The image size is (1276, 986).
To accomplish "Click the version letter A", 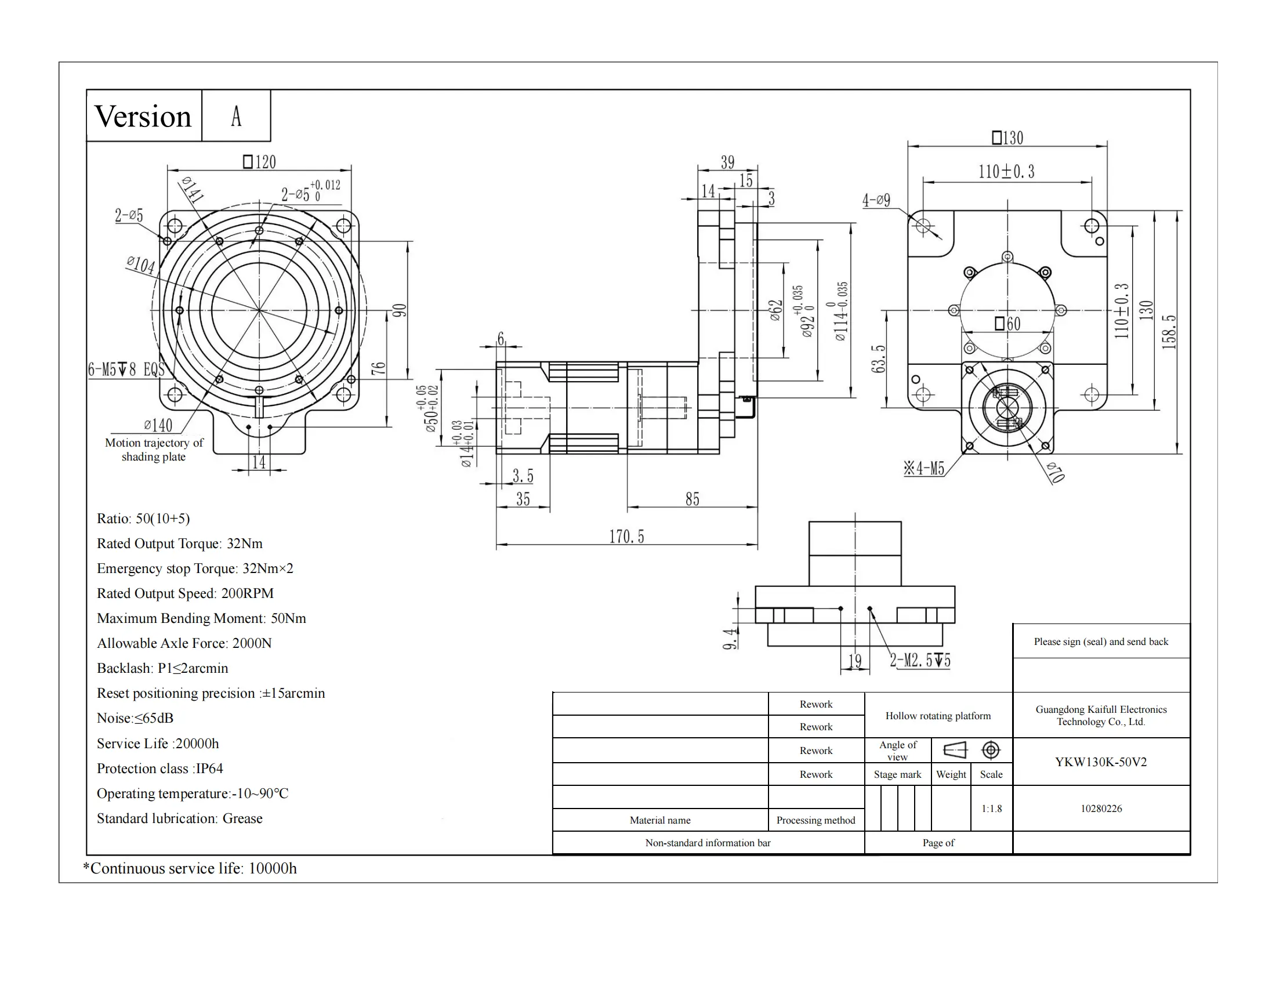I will click(236, 115).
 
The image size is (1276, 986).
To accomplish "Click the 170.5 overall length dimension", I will click(626, 536).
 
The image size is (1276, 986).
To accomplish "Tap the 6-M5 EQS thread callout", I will click(126, 369).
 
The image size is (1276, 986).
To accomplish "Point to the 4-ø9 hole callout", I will click(876, 200).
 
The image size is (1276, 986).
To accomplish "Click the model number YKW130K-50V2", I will click(1101, 762).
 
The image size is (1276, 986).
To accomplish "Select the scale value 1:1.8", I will click(991, 809).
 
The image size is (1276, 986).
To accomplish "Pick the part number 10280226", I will click(1101, 809).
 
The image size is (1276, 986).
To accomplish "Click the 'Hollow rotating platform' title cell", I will click(938, 716).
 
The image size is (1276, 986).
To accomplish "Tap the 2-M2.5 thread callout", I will click(920, 661).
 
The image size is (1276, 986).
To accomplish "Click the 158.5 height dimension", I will click(1169, 332).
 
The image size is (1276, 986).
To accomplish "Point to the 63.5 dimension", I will click(878, 358).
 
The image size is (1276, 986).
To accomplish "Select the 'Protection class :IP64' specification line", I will click(159, 768).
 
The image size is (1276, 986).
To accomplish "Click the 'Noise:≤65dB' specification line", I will click(135, 718).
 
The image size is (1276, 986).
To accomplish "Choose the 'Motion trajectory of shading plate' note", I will click(154, 449).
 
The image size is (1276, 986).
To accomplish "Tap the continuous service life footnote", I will click(190, 868).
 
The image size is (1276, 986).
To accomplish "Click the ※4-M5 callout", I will click(924, 469).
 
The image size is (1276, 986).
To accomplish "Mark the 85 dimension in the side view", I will click(693, 499).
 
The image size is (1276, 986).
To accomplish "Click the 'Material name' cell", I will click(659, 820).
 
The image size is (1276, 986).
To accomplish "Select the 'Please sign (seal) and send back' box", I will click(1101, 641).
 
